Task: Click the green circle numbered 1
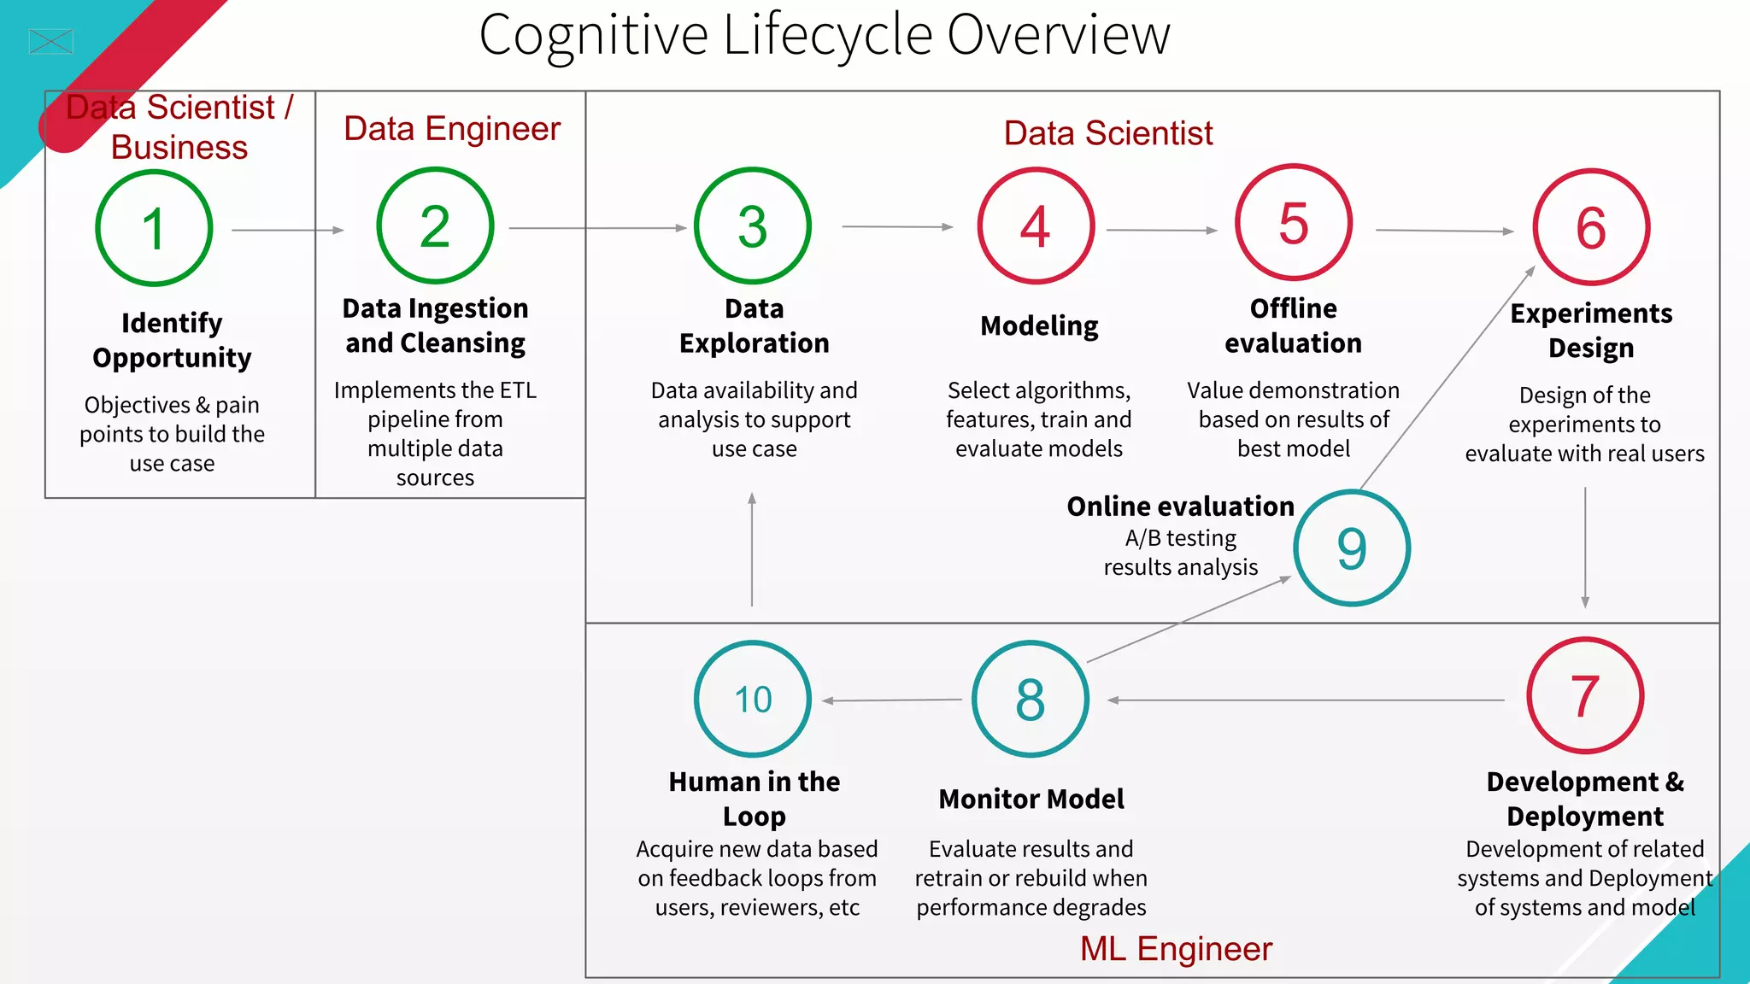(x=154, y=228)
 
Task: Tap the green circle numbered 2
(x=435, y=225)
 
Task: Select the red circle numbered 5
(x=1293, y=222)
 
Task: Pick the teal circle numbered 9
(x=1351, y=548)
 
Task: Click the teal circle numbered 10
(x=753, y=699)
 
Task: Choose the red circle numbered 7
(x=1585, y=695)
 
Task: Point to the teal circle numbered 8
(x=1031, y=699)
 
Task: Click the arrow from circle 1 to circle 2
(x=287, y=230)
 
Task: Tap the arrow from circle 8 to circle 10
(x=892, y=700)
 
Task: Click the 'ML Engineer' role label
(x=1176, y=949)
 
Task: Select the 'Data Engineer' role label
(x=452, y=129)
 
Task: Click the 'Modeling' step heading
(x=1039, y=326)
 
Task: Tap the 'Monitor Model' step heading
(x=1031, y=799)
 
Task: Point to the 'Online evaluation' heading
(x=1180, y=507)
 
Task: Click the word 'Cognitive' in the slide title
(x=593, y=36)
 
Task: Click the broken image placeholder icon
(x=51, y=41)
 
